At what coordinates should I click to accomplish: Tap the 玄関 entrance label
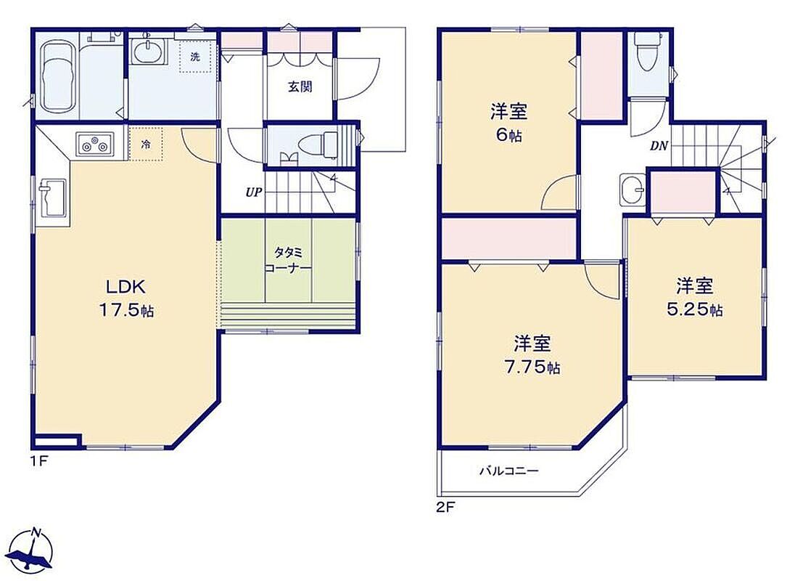pos(300,86)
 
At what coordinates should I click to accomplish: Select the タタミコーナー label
pos(287,260)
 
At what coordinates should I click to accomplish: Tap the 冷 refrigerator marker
pos(146,144)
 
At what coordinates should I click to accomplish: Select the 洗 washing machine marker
pos(195,57)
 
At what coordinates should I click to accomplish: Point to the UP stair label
pos(253,192)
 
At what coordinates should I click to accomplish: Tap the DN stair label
pos(659,147)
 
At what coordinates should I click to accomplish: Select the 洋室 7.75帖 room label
pos(532,354)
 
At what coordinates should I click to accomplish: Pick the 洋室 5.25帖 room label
pos(695,297)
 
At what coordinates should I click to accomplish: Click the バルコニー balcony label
pos(509,471)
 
